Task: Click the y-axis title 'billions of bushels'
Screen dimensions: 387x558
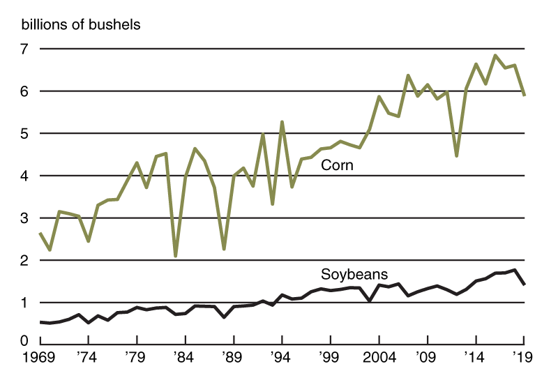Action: click(81, 25)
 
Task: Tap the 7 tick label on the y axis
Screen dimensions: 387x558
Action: click(24, 50)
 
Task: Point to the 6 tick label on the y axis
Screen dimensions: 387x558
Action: click(24, 91)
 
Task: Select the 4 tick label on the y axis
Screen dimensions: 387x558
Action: click(24, 176)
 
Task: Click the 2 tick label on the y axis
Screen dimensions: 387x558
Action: click(24, 261)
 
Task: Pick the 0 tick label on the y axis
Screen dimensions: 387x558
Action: click(24, 341)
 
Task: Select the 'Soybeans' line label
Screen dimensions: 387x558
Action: click(354, 274)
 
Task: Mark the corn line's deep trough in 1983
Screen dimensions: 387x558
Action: click(176, 256)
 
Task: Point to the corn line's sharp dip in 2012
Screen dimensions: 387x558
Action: click(456, 155)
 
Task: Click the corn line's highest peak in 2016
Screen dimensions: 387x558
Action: click(495, 55)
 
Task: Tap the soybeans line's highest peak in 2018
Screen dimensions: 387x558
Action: click(514, 270)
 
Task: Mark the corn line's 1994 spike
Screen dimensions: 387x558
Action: click(282, 122)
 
